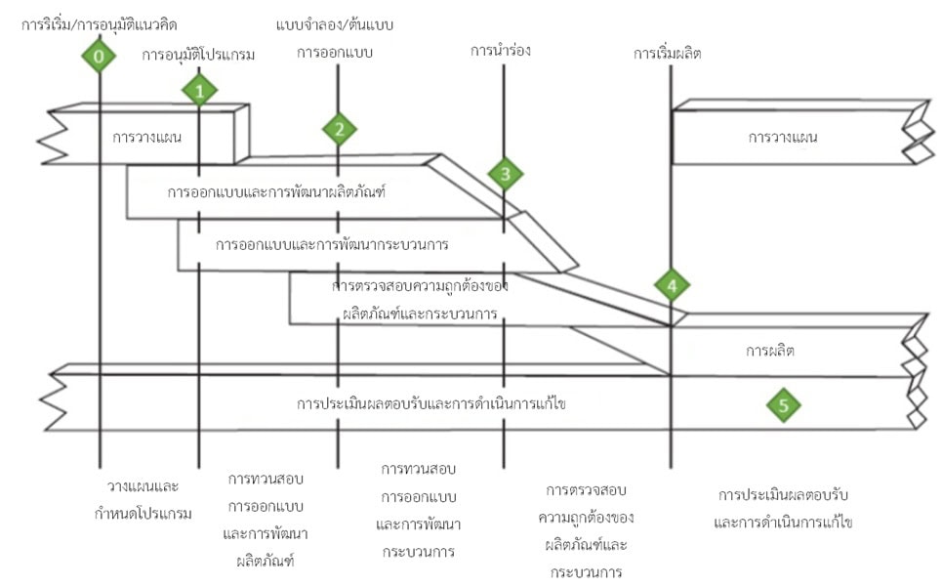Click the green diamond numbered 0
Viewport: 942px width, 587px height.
click(99, 58)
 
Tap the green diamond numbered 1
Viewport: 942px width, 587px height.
click(199, 91)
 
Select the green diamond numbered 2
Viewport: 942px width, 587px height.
click(339, 128)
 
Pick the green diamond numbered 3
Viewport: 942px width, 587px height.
click(505, 175)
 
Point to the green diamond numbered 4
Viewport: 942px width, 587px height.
click(672, 286)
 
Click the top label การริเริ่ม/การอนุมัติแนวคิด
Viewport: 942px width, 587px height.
click(100, 23)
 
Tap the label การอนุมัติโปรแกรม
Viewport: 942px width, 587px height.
click(198, 55)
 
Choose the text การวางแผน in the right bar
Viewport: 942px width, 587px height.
click(783, 137)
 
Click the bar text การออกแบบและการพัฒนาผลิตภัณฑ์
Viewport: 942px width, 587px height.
click(277, 192)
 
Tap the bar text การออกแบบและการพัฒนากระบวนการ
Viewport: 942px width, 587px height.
click(332, 243)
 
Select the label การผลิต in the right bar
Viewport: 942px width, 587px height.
click(769, 349)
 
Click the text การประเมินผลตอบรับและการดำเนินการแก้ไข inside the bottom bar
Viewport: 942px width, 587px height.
click(432, 403)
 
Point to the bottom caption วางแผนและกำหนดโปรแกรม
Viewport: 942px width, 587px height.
click(149, 499)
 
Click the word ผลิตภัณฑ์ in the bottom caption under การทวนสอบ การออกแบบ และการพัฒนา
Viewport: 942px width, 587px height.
click(266, 561)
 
